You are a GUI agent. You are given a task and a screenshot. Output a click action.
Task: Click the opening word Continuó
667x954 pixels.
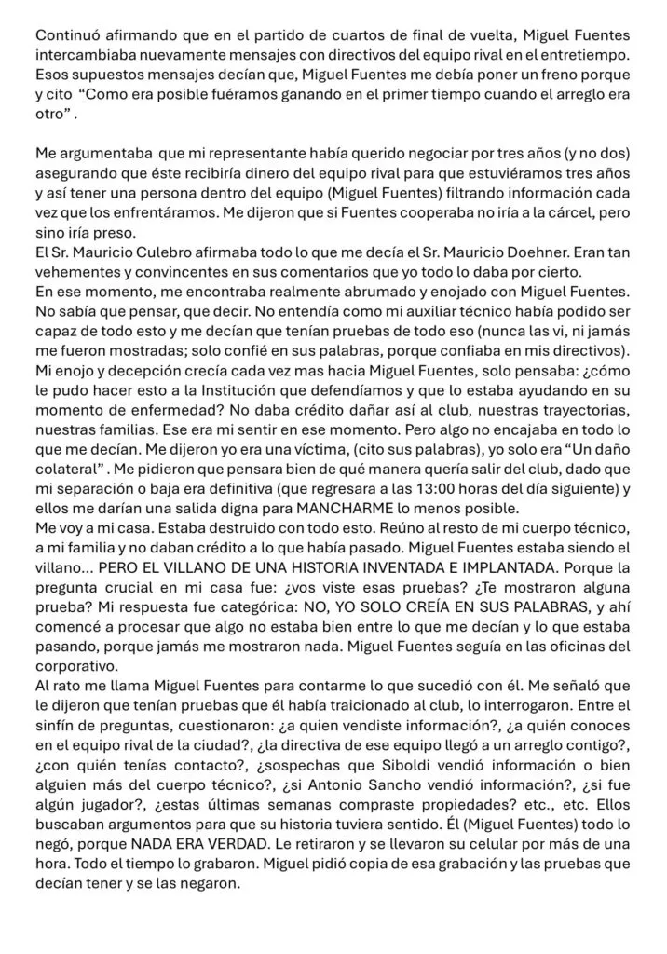(67, 35)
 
